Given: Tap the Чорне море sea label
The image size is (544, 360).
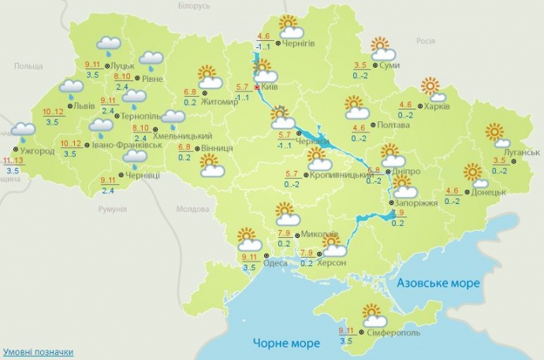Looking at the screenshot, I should pos(286,343).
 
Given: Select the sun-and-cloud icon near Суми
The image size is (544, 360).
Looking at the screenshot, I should pos(382,50).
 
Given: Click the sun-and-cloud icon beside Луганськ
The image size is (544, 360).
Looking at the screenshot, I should pos(497,135).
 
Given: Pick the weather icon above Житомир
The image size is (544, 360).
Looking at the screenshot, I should pos(208,76).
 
